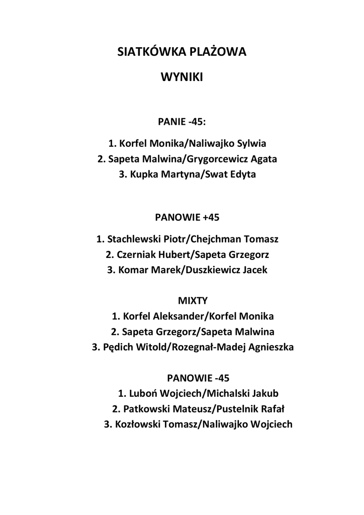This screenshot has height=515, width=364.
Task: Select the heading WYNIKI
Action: coord(181,77)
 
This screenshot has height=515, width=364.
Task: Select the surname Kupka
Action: coord(144,175)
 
